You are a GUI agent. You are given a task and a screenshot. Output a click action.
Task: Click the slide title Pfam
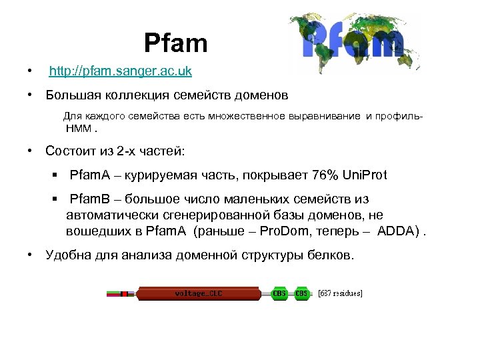point(176,44)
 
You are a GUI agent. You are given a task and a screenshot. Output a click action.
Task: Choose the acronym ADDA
point(399,231)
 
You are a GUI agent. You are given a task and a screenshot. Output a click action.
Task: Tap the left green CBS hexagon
point(279,293)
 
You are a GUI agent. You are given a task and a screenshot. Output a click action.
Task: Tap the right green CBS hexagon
point(302,293)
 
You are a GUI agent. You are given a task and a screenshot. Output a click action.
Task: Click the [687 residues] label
point(340,293)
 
